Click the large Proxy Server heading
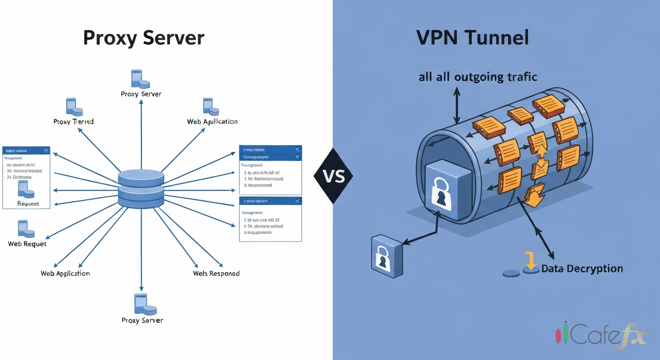(x=143, y=38)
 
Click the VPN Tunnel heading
(x=472, y=37)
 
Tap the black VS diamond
(x=333, y=176)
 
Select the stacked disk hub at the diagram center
(x=141, y=189)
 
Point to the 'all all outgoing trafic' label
(x=478, y=77)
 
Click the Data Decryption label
(x=582, y=269)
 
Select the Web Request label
(x=27, y=244)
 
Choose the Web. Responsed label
(x=216, y=273)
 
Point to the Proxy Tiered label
(x=74, y=121)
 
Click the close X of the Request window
(x=45, y=150)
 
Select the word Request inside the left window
(x=28, y=203)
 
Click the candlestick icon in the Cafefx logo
(x=562, y=333)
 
